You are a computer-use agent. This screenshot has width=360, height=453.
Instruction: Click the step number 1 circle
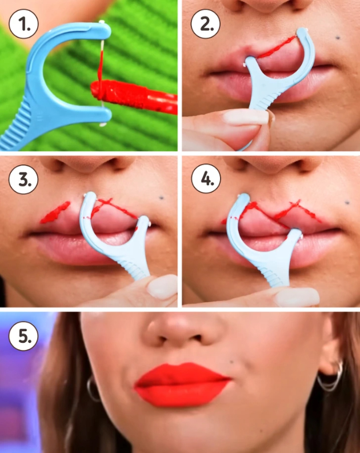point(23,24)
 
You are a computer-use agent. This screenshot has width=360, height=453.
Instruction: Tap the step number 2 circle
point(206,24)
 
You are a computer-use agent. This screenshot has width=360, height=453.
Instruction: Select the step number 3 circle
point(23,179)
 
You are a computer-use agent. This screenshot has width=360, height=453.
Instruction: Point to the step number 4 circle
point(206,179)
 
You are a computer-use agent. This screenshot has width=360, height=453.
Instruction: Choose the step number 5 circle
point(23,336)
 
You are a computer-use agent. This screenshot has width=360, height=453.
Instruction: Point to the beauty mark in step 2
point(338,38)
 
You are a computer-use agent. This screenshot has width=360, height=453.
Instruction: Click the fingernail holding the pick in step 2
point(246,117)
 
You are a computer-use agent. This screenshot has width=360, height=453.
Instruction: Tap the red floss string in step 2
point(276,47)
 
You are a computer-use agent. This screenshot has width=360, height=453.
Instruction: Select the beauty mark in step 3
point(162,198)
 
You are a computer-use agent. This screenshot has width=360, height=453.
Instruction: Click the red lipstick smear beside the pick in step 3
point(55,213)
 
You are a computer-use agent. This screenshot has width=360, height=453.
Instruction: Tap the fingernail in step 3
point(162,286)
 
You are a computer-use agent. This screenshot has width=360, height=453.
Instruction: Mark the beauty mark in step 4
point(347,203)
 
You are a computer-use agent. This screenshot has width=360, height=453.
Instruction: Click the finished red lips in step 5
point(182,384)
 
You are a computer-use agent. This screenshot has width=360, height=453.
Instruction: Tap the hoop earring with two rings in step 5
point(331,377)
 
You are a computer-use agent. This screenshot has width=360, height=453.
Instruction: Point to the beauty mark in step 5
point(231,362)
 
